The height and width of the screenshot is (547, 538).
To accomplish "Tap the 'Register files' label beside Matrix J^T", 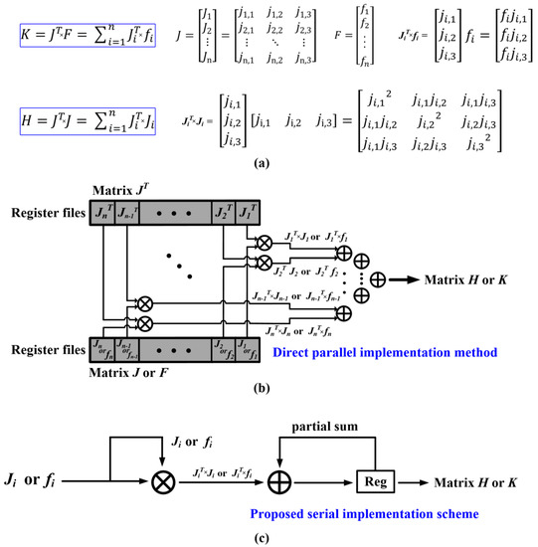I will pos(46,212).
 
